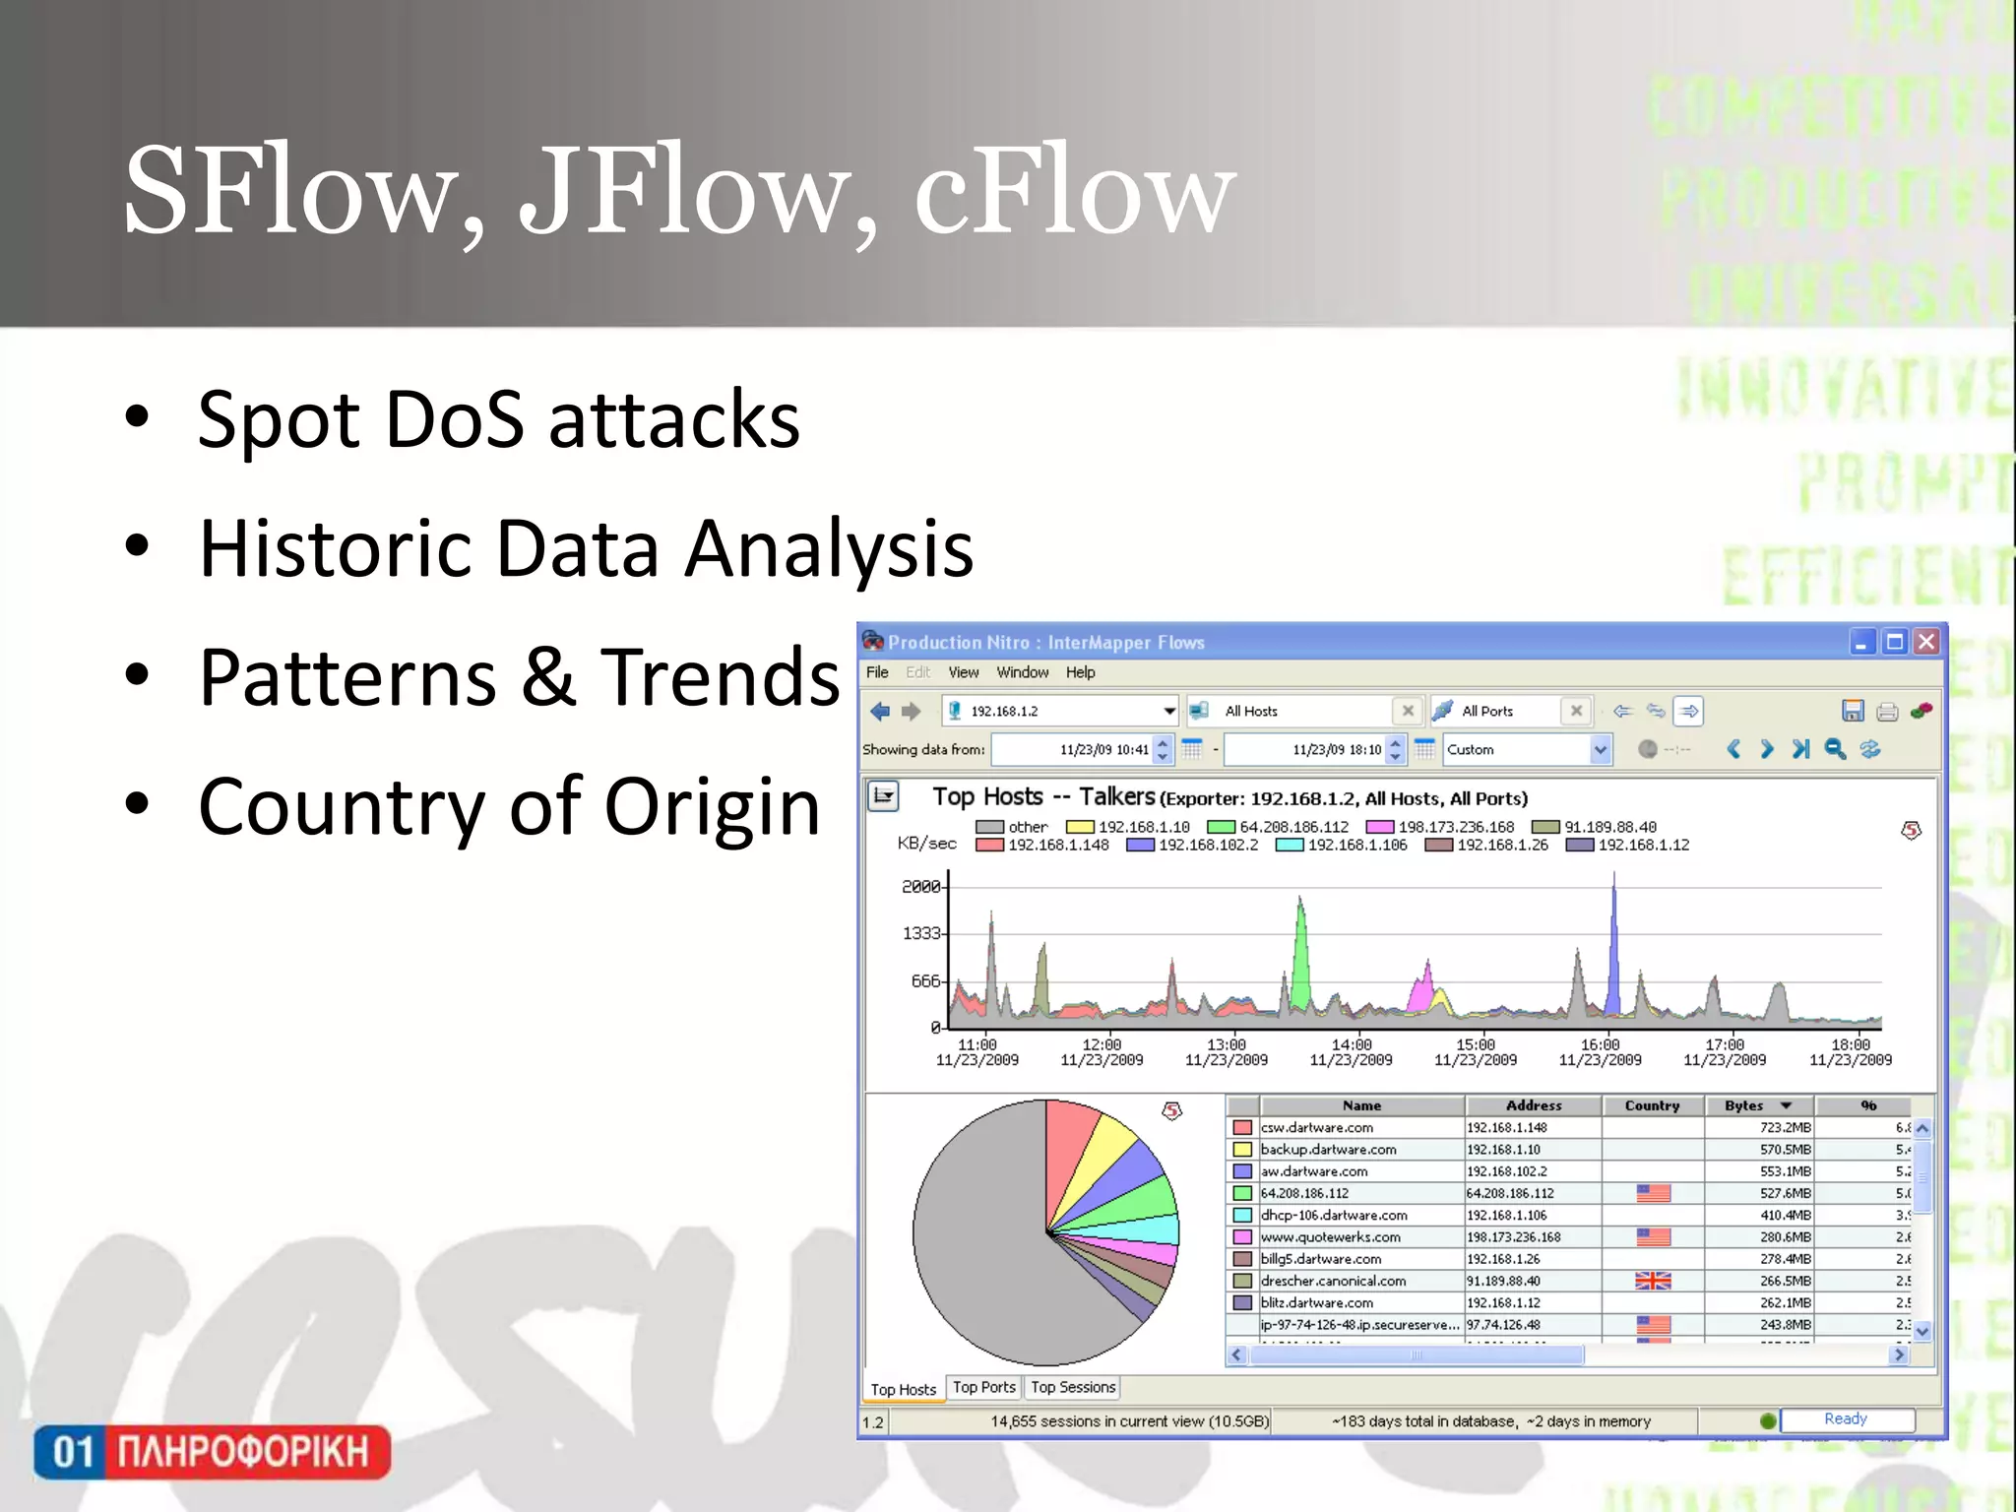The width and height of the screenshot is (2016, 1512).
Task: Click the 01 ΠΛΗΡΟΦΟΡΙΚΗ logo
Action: coord(213,1451)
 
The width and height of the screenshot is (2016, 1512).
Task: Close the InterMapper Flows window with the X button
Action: coord(1926,642)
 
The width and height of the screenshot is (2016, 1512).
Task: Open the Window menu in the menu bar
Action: coord(1022,672)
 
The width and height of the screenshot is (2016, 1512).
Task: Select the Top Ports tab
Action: coord(983,1387)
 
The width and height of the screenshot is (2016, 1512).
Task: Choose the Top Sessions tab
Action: coord(1073,1387)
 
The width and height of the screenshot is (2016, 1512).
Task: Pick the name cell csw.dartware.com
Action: coord(1316,1127)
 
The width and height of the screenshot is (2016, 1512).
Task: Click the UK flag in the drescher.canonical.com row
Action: coord(1653,1281)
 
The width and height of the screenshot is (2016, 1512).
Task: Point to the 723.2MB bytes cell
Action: coord(1785,1127)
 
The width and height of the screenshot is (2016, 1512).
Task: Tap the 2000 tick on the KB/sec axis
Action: coord(921,886)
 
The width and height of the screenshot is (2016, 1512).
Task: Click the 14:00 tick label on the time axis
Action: coord(1351,1045)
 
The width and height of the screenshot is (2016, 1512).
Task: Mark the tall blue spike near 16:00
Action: coord(1613,945)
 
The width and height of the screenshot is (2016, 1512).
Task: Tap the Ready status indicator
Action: coord(1845,1418)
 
